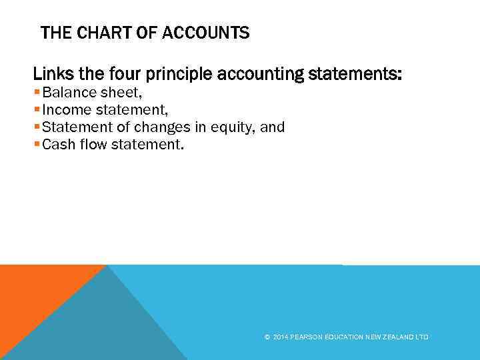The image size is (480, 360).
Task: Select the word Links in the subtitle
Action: (x=49, y=75)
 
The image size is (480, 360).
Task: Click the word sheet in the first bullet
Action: (x=116, y=93)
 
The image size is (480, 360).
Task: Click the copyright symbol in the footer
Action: (x=267, y=337)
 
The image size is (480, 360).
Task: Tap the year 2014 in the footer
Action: (x=279, y=337)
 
